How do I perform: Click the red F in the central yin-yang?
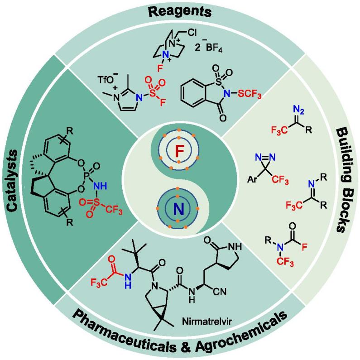tap(179, 153)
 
